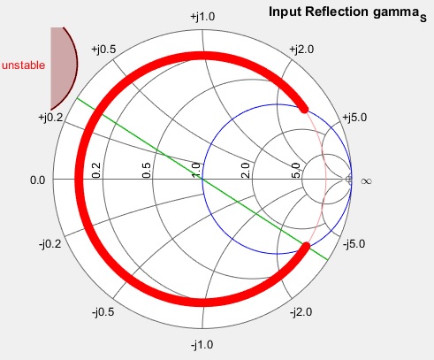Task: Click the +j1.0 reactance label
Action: point(202,17)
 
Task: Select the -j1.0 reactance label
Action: point(202,344)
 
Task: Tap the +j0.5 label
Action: point(103,50)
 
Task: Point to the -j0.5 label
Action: point(103,312)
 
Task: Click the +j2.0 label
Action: point(301,50)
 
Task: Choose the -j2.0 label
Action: point(301,312)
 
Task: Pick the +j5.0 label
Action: point(354,118)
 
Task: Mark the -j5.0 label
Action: point(354,244)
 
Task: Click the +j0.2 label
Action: point(50,118)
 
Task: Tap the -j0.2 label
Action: point(50,244)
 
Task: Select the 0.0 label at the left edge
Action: point(38,180)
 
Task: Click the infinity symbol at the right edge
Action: point(366,180)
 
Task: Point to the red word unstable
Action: point(24,65)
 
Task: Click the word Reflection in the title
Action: point(337,12)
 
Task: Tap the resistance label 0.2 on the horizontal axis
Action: point(96,171)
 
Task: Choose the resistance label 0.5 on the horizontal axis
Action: point(147,171)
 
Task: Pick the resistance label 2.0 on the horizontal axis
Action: point(246,171)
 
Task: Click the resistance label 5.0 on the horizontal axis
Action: point(296,171)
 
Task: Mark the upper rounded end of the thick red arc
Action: point(304,108)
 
